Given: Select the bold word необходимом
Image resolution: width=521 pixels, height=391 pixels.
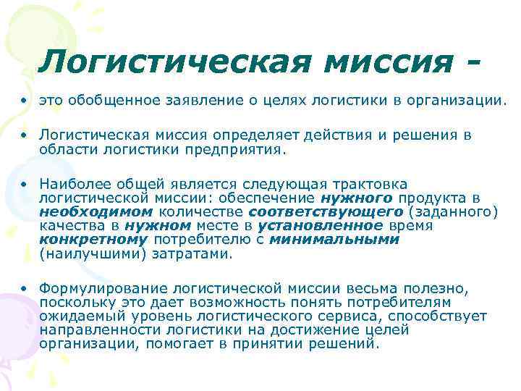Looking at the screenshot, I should pyautogui.click(x=96, y=212).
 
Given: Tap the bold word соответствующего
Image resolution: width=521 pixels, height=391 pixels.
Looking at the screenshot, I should pyautogui.click(x=326, y=212).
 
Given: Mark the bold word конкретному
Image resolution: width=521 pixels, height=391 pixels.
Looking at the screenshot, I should pyautogui.click(x=93, y=240).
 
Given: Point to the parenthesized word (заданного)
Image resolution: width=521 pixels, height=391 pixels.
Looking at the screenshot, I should pyautogui.click(x=452, y=212).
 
